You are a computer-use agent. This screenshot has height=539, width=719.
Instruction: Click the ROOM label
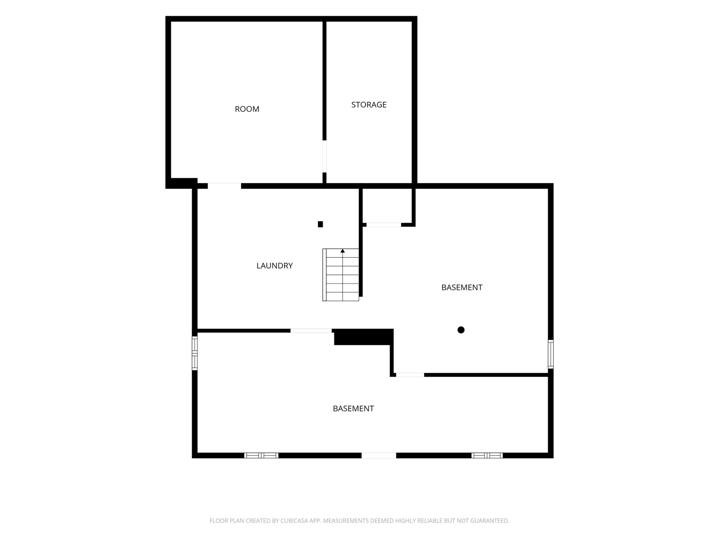(x=247, y=109)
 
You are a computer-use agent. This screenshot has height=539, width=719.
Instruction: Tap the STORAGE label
(x=369, y=105)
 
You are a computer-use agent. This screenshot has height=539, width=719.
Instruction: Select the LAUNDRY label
(x=275, y=266)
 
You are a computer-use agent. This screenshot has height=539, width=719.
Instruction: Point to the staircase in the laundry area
(x=341, y=275)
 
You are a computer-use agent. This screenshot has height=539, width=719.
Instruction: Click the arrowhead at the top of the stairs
(x=343, y=250)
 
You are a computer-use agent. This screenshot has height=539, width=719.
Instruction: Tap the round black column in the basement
(x=461, y=330)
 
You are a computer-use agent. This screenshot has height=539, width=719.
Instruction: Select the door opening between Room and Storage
(x=324, y=156)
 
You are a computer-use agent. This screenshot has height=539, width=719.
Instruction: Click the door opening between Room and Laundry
(x=224, y=186)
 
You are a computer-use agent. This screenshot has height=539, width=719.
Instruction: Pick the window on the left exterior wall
(x=195, y=353)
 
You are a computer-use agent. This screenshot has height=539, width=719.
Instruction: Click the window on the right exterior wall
(x=550, y=354)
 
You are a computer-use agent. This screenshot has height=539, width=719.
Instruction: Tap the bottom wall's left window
(x=261, y=456)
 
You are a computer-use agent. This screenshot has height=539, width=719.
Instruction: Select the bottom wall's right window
(x=487, y=456)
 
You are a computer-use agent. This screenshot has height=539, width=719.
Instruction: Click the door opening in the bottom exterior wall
(x=379, y=456)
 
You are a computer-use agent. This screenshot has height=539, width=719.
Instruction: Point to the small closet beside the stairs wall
(x=387, y=206)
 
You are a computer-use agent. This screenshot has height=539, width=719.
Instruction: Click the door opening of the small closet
(x=384, y=225)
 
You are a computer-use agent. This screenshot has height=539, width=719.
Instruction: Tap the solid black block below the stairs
(x=363, y=337)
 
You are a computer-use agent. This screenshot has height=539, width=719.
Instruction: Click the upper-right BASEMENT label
(x=461, y=288)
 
